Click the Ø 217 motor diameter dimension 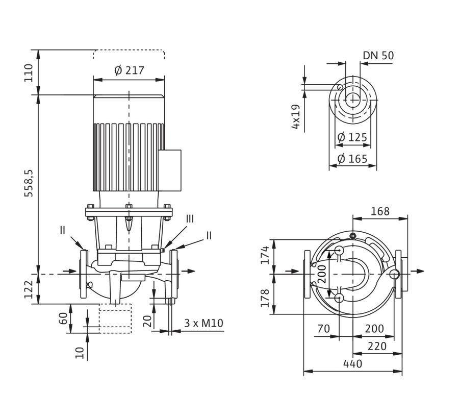[x=129, y=70]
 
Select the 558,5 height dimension [x=29, y=183]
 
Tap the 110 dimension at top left [x=29, y=73]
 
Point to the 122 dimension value [x=29, y=289]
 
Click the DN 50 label [x=378, y=55]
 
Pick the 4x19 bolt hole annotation [x=296, y=116]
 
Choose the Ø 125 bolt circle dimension [x=352, y=137]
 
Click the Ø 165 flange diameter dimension [x=352, y=159]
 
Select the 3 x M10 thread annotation [x=203, y=323]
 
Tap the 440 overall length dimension [x=353, y=364]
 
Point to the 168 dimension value [x=380, y=211]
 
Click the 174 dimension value [x=265, y=255]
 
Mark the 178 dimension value [x=265, y=298]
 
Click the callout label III [x=190, y=219]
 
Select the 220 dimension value [x=377, y=347]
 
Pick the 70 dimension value [x=323, y=329]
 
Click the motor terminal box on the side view [x=170, y=170]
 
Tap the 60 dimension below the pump [x=64, y=318]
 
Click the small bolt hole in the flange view [x=340, y=87]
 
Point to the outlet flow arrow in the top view [x=417, y=271]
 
